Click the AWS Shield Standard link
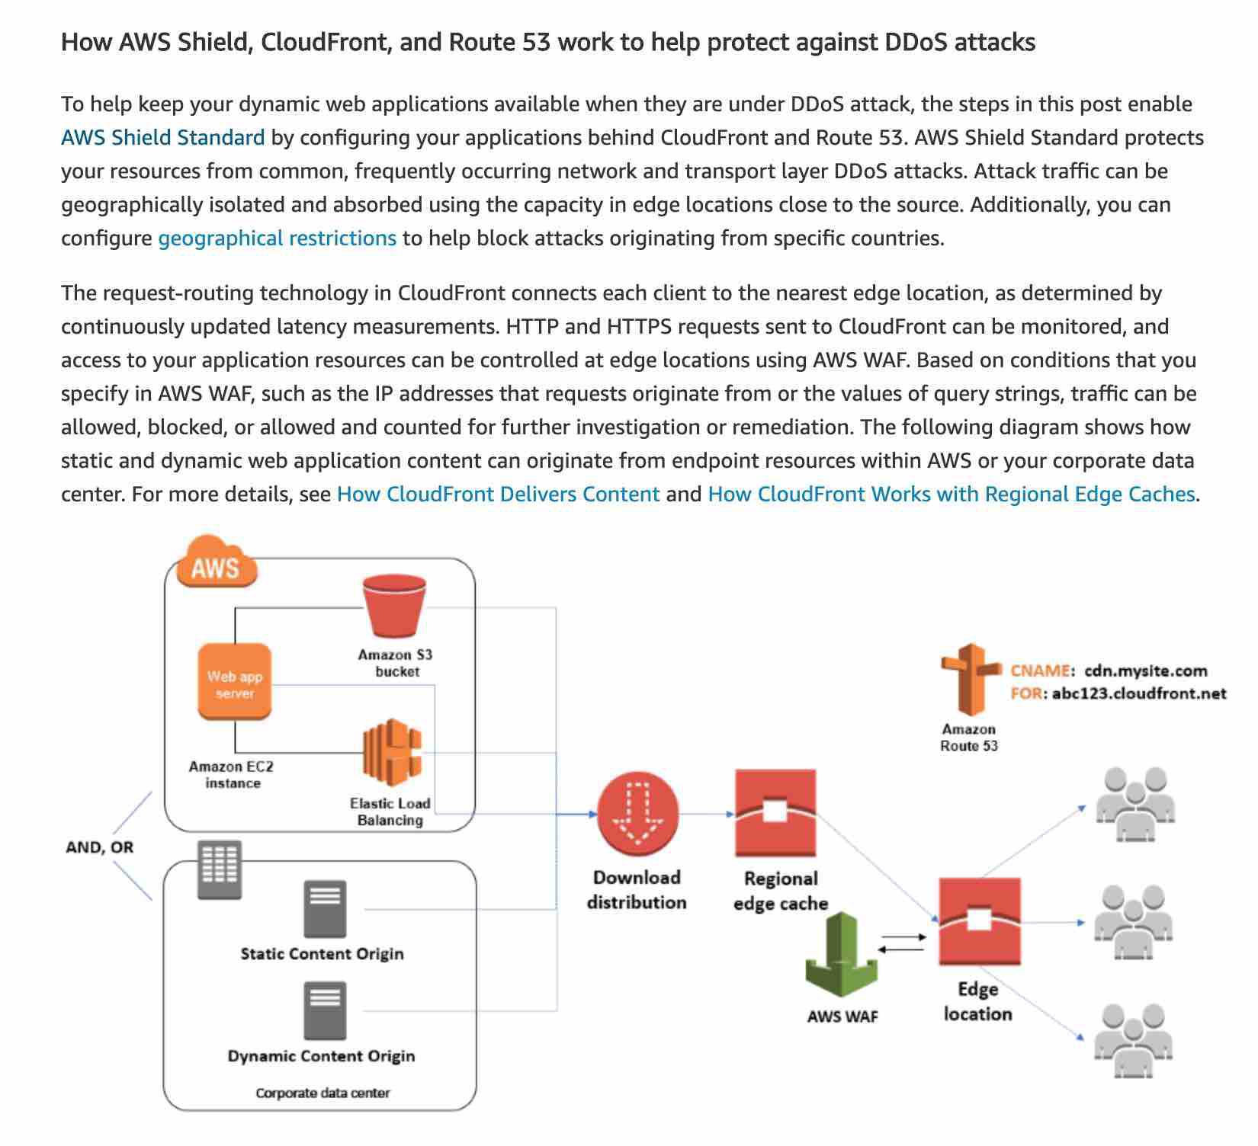click(x=162, y=138)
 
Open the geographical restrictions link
click(x=277, y=238)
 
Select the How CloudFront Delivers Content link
click(x=498, y=495)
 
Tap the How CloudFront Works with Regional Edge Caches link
click(x=951, y=495)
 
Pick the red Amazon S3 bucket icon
click(x=394, y=606)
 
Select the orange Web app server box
click(x=235, y=683)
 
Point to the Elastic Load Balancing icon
click(x=392, y=752)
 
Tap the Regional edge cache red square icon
click(x=775, y=813)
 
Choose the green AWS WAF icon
click(x=842, y=956)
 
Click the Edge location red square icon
click(x=979, y=921)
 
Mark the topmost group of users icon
click(x=1134, y=803)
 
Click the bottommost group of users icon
click(x=1132, y=1041)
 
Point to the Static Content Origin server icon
click(x=325, y=909)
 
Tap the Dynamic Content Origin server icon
click(x=325, y=1010)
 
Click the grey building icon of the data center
click(x=220, y=869)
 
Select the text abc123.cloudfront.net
click(x=1139, y=693)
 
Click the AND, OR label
click(x=100, y=847)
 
